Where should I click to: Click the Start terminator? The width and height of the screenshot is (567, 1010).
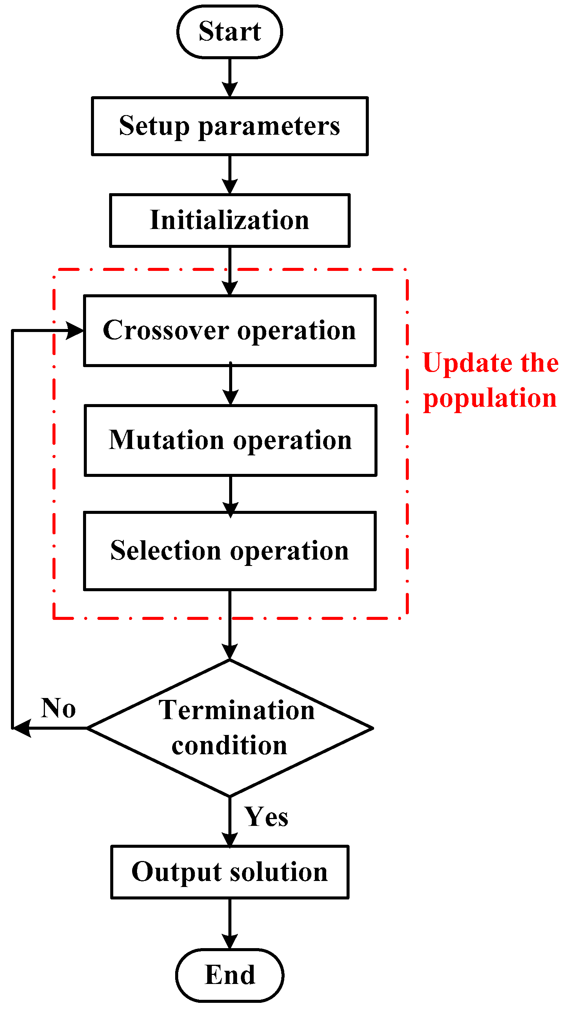coord(230,31)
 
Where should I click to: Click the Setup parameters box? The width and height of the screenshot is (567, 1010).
coord(230,126)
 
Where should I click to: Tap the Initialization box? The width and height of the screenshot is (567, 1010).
coord(230,220)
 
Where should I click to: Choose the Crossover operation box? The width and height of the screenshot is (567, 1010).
coord(230,331)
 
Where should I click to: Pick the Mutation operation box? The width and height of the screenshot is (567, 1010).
coord(230,440)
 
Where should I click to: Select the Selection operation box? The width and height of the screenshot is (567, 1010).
coord(230,550)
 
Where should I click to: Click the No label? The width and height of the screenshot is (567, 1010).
coord(58,708)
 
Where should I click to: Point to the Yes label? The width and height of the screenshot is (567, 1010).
coord(266,817)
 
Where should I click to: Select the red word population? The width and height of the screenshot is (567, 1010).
coord(490,398)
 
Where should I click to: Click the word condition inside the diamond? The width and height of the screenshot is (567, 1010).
coord(230,746)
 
